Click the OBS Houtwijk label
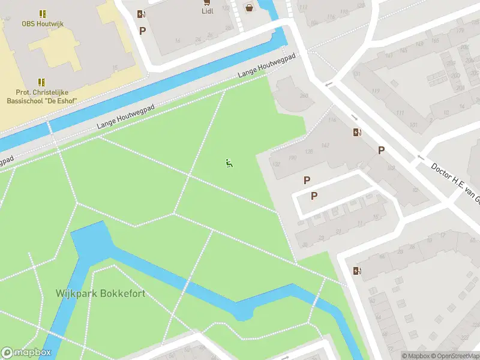[x=42, y=23]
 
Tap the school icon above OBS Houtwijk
[x=42, y=13]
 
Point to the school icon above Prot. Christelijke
[x=42, y=82]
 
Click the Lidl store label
[x=207, y=10]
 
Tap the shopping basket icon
[x=248, y=8]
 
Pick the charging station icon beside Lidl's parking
[x=141, y=14]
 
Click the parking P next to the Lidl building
[x=142, y=31]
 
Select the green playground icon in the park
[x=229, y=163]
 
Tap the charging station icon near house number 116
[x=358, y=133]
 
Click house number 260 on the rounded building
[x=304, y=95]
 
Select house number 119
[x=376, y=91]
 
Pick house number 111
[x=400, y=113]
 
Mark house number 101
[x=413, y=125]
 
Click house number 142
[x=325, y=145]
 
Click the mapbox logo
[x=26, y=353]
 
